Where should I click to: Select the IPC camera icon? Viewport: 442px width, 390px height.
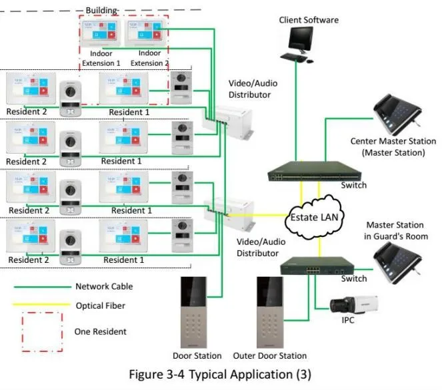click(x=353, y=307)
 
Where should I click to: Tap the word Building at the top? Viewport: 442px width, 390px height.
click(x=101, y=11)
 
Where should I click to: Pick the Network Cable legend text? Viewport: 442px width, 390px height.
click(x=104, y=287)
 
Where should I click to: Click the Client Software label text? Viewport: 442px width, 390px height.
click(x=309, y=20)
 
